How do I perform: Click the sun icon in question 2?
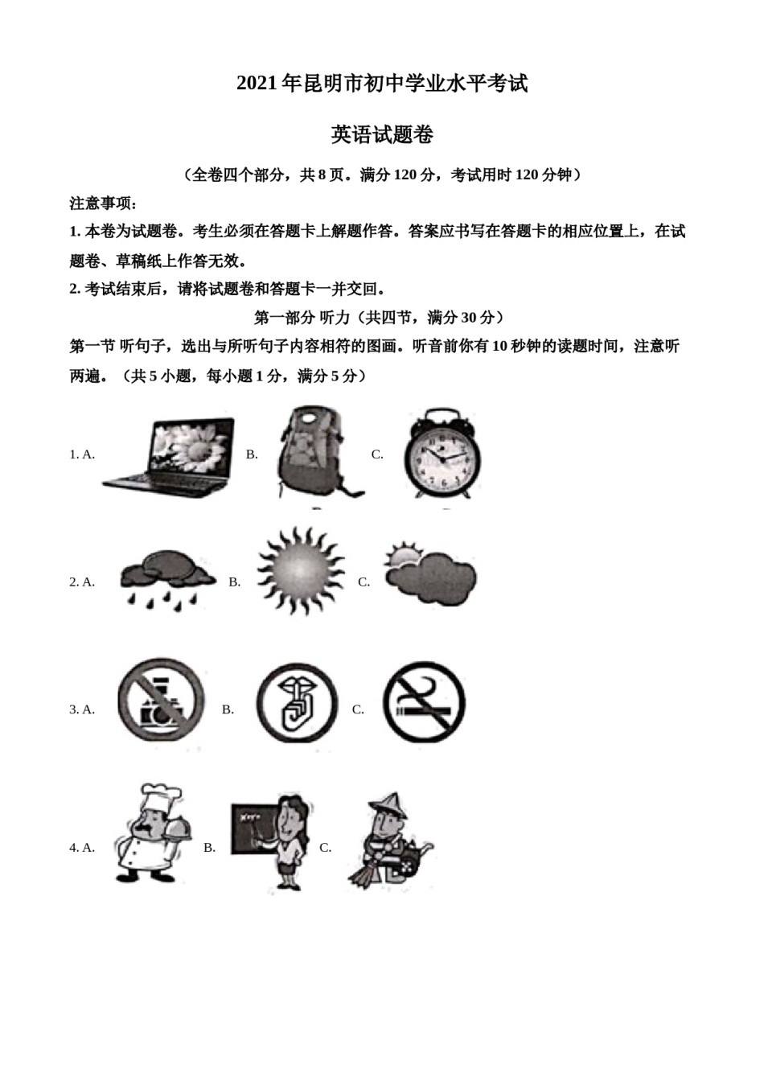coord(299,571)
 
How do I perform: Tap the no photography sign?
coord(161,702)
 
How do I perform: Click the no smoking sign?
coord(424,702)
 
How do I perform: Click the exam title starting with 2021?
coord(382,84)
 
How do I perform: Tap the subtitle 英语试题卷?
coord(382,135)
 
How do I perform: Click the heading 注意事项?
coord(103,203)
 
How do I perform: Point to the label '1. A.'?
coord(82,454)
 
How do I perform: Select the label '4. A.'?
coord(82,848)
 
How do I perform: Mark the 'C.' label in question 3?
coord(359,709)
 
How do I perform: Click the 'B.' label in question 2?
coord(235,582)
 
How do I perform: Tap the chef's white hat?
coord(159,799)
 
